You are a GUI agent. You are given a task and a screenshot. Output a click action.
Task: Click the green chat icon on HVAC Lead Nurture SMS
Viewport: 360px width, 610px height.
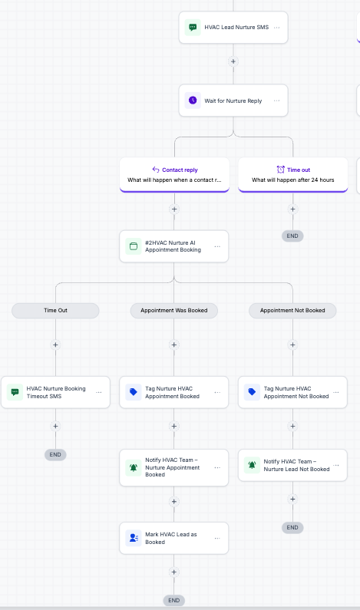[x=193, y=27]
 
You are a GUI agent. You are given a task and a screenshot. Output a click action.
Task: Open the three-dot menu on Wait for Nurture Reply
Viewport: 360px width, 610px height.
[x=276, y=101]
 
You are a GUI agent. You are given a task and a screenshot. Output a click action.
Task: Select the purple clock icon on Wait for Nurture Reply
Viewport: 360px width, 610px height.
[x=193, y=101]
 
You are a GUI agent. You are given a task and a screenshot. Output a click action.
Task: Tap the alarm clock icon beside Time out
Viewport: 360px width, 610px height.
[x=281, y=170]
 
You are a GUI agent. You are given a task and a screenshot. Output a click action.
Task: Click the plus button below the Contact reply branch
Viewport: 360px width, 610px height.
[x=174, y=209]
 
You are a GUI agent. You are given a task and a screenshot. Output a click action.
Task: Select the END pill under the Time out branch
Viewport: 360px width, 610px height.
[x=292, y=236]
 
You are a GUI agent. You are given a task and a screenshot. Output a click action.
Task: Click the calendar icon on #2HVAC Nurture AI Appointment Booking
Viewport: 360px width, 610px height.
[x=133, y=246]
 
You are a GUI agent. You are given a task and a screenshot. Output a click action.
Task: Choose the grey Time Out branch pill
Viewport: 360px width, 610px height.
[x=56, y=311]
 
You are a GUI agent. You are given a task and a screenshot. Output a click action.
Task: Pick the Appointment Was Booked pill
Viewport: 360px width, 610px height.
[x=174, y=311]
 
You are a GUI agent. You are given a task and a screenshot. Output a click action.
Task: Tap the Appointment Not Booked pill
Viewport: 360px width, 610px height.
[x=292, y=311]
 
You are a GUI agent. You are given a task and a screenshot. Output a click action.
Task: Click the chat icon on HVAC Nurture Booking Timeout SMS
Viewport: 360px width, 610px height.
[x=15, y=392]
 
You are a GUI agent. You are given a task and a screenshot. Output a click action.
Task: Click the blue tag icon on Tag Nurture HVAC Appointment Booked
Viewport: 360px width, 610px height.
[x=133, y=392]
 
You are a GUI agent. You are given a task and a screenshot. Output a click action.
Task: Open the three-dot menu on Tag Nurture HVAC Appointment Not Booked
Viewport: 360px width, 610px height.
[x=336, y=393]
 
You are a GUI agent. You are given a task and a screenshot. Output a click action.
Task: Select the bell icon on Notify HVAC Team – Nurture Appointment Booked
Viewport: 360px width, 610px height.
[x=133, y=467]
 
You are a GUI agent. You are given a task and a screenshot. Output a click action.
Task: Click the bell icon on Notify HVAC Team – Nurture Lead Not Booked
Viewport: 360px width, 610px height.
[x=252, y=465]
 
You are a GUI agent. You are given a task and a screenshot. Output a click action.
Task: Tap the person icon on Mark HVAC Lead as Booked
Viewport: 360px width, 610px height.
[x=133, y=538]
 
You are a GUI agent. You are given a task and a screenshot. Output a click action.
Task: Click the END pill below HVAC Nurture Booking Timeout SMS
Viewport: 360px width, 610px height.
[x=56, y=454]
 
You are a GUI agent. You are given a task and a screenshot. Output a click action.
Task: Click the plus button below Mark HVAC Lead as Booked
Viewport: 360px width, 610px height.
[x=174, y=572]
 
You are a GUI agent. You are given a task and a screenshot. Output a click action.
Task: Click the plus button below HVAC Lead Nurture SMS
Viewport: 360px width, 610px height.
[x=233, y=61]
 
